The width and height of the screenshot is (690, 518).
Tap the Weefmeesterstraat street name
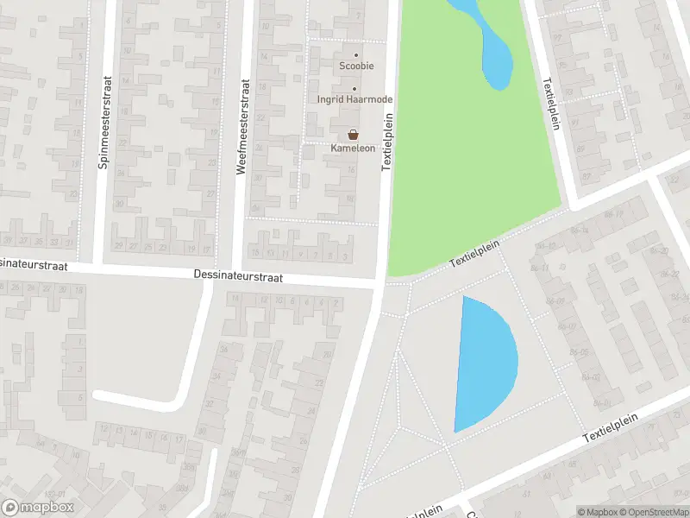pos(242,129)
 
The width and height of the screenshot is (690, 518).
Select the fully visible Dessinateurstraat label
pos(237,278)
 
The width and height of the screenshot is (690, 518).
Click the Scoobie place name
pos(355,66)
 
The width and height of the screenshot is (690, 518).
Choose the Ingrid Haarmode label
pos(354,99)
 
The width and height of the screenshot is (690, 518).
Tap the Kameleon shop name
pos(353,148)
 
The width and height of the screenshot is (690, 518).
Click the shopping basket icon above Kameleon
pos(353,135)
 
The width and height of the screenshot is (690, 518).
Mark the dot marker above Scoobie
pos(355,55)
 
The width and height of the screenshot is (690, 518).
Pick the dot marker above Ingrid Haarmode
pos(354,88)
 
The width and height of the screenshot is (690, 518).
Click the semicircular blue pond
pos(483,363)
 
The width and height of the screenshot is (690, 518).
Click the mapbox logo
pos(38,508)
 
